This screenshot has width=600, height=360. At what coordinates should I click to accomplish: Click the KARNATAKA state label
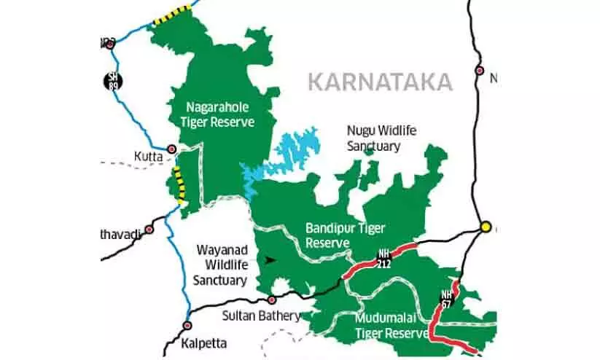(x=380, y=81)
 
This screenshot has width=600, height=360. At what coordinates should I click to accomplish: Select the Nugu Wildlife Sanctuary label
(x=373, y=138)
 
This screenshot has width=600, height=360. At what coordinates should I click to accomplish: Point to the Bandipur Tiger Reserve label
(x=345, y=235)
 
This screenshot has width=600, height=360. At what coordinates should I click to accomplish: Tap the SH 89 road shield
(x=111, y=80)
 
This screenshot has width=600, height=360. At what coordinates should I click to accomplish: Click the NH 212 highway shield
(x=383, y=259)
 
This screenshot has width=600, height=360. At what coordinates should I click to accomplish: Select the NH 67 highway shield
(x=446, y=299)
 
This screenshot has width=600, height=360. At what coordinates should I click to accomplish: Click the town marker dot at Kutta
(x=172, y=149)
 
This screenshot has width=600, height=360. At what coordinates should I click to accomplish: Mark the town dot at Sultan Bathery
(x=272, y=300)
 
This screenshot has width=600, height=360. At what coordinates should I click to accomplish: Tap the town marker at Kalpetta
(x=187, y=326)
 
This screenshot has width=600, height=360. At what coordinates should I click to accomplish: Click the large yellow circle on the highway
(x=484, y=227)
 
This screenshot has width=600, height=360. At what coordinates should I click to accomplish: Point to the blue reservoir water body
(x=288, y=155)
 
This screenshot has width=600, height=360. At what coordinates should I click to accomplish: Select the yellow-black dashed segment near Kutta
(x=177, y=184)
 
